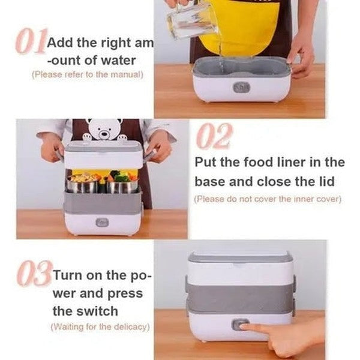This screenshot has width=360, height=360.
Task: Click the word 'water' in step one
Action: point(118,60)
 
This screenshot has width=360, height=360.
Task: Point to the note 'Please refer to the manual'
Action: point(88,74)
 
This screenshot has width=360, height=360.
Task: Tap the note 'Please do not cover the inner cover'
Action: point(267,199)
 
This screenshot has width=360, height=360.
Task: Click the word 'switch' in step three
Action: point(85,311)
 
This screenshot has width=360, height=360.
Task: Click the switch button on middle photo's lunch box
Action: point(102,222)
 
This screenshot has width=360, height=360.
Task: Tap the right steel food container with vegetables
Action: point(123,184)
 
